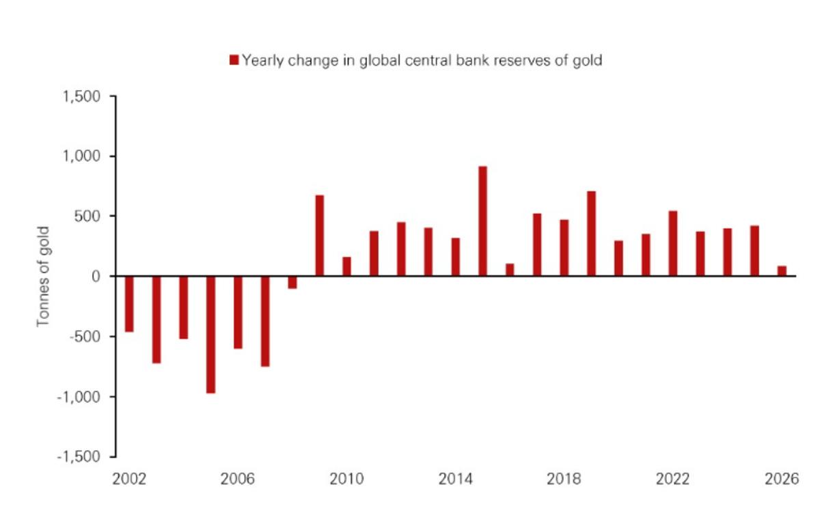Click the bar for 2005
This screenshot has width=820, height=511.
210,334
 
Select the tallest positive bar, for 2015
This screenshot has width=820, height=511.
482,221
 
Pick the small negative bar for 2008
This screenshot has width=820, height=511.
292,282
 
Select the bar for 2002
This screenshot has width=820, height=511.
129,304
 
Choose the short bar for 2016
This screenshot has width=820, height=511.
510,270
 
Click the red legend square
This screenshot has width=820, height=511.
234,60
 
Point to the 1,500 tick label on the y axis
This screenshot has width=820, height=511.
83,97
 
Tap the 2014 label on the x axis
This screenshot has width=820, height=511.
455,480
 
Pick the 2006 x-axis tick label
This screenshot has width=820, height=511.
238,480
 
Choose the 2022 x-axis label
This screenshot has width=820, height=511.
673,480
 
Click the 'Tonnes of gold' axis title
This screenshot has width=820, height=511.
44,276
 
